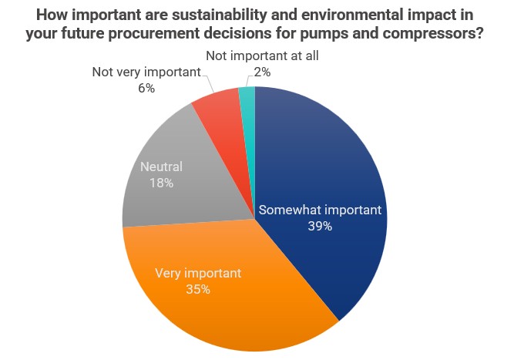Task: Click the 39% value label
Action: point(320,227)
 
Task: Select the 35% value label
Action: point(198,290)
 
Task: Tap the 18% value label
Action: point(162,183)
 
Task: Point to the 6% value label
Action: point(146,88)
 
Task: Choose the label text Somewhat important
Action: point(320,210)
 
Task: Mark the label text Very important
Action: point(198,273)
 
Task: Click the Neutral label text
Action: point(162,167)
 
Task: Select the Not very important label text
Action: point(146,72)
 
